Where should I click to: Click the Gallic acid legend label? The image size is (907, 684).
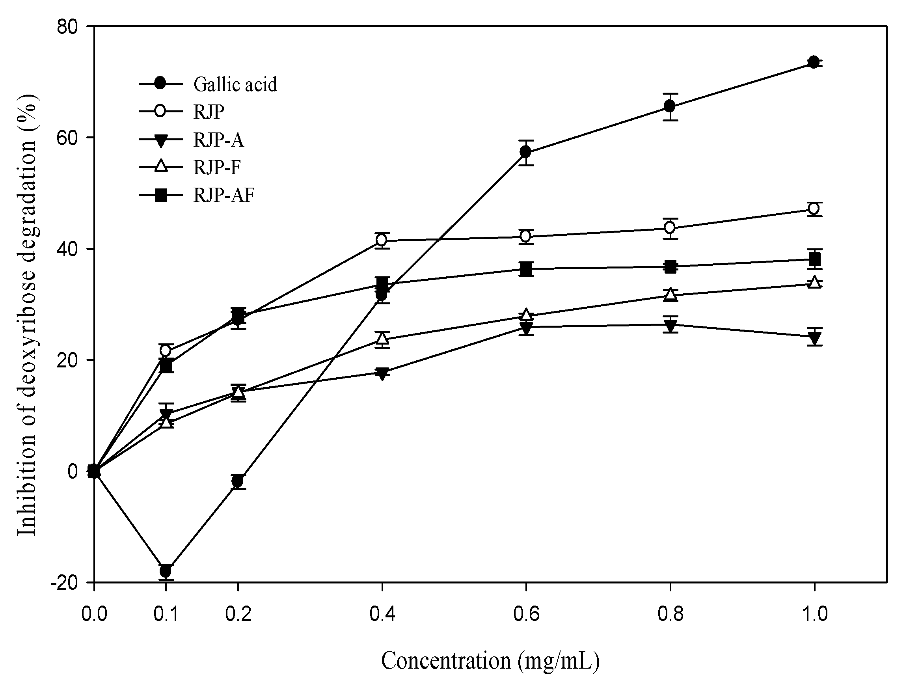pyautogui.click(x=235, y=84)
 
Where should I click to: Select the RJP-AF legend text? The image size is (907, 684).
pyautogui.click(x=224, y=195)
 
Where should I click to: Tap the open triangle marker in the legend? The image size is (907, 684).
pyautogui.click(x=161, y=166)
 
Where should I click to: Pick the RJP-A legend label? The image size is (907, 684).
pyautogui.click(x=218, y=140)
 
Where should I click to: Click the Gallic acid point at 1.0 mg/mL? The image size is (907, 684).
pyautogui.click(x=814, y=62)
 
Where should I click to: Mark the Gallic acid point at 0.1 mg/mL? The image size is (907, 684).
pyautogui.click(x=166, y=571)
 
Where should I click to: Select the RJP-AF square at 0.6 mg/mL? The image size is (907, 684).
pyautogui.click(x=526, y=269)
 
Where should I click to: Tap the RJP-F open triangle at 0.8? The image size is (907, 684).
pyautogui.click(x=670, y=294)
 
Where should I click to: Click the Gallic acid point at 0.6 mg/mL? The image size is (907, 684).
pyautogui.click(x=526, y=152)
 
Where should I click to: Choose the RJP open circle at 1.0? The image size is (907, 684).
pyautogui.click(x=814, y=209)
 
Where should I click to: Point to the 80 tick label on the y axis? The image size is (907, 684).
pyautogui.click(x=70, y=26)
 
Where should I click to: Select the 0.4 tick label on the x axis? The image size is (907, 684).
pyautogui.click(x=382, y=614)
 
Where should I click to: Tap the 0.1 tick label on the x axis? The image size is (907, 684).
pyautogui.click(x=166, y=614)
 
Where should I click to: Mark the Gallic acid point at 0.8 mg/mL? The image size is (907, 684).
pyautogui.click(x=670, y=106)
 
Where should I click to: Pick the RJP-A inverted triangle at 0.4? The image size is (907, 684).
pyautogui.click(x=382, y=373)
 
